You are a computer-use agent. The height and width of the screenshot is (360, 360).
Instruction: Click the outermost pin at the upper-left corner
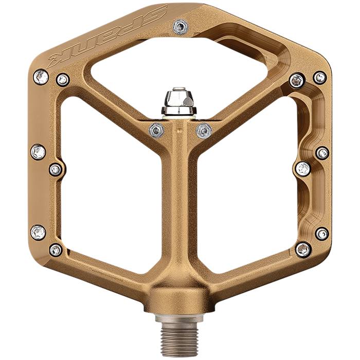coord(40,78)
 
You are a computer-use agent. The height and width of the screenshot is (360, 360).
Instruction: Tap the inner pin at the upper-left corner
coord(63,79)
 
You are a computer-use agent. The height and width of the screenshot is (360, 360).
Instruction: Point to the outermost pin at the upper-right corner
coord(320,78)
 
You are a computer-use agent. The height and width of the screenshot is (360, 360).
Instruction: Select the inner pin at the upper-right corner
coord(297,80)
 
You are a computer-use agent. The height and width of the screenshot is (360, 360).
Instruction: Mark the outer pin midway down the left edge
coord(38,152)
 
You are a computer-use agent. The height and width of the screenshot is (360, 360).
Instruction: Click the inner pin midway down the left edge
coord(56,169)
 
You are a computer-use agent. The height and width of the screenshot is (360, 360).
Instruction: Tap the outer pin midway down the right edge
coord(322,153)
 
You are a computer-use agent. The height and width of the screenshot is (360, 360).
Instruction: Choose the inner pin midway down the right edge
coord(303,168)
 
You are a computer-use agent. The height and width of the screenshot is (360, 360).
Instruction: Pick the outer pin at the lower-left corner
coord(38,232)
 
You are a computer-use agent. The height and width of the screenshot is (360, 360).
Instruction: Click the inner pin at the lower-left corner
coord(56,250)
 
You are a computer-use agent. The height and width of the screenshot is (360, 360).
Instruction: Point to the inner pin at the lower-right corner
coord(303,249)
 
